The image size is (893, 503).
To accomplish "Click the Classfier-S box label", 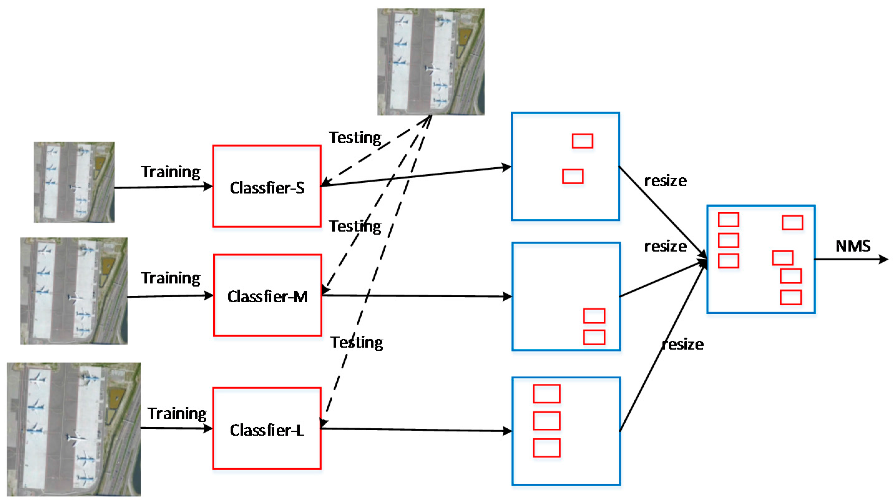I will [x=266, y=188].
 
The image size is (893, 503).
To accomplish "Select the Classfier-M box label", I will [x=267, y=297].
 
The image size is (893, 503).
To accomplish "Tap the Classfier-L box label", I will [x=266, y=430].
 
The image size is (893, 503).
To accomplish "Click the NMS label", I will [x=852, y=246].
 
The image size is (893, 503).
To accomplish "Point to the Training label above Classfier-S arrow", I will [x=170, y=172].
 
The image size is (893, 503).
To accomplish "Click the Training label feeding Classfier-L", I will [x=177, y=413].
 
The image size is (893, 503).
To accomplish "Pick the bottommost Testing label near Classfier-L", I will [x=356, y=343].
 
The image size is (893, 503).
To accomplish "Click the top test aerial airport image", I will [x=431, y=62].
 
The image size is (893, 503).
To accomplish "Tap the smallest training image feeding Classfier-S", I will [x=74, y=182].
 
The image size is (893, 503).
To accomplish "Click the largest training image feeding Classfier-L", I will [x=74, y=429].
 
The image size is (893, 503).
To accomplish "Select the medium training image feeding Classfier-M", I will [x=74, y=291].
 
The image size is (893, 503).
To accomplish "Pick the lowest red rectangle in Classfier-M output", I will [x=594, y=337].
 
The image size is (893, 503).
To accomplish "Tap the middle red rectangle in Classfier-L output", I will [x=546, y=421].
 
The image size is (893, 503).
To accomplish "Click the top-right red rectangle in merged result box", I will [x=792, y=222].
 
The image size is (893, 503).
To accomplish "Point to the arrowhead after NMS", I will [x=884, y=259].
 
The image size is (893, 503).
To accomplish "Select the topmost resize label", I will [x=665, y=181].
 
